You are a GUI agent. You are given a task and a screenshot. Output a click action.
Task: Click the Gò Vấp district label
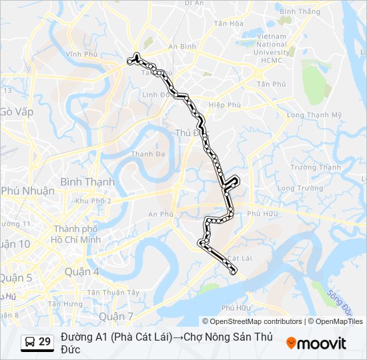pyautogui.click(x=17, y=111)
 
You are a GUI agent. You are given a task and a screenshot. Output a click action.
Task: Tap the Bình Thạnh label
pyautogui.click(x=87, y=181)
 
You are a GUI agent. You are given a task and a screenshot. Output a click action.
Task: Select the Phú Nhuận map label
pyautogui.click(x=28, y=191)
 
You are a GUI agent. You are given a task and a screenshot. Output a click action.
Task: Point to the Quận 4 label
pyautogui.click(x=82, y=271)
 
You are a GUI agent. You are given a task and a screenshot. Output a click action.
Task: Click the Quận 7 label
pyautogui.click(x=116, y=315)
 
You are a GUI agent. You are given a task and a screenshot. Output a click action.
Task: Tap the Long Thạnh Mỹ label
pyautogui.click(x=314, y=115)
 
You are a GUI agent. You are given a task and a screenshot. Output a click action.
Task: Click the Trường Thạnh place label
pyautogui.click(x=316, y=167)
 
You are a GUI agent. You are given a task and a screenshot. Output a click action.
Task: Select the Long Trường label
pyautogui.click(x=295, y=188)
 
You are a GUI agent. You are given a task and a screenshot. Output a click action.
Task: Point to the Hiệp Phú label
pyautogui.click(x=224, y=105)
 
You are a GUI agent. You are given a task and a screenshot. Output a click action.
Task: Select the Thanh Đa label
pyautogui.click(x=143, y=154)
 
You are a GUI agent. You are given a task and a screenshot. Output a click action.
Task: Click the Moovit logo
pyautogui.click(x=316, y=343)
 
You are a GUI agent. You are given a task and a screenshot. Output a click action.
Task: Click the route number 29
pyautogui.click(x=45, y=342)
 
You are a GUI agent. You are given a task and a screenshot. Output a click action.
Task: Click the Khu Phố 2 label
pyautogui.click(x=93, y=201)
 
